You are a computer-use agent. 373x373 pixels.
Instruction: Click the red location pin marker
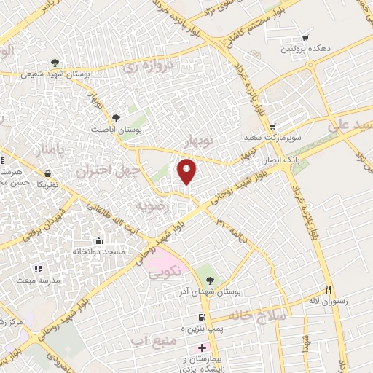click(188, 171)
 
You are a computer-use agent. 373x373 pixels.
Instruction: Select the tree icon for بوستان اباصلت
click(115, 118)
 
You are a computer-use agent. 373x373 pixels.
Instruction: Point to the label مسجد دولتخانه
click(98, 251)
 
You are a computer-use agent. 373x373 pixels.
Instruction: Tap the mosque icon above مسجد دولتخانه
click(99, 240)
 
